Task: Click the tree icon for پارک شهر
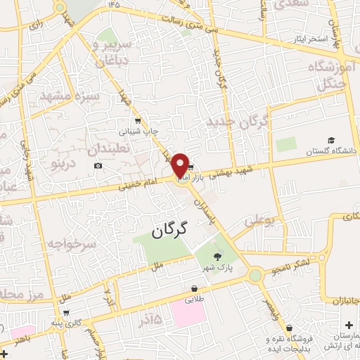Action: (x=217, y=257)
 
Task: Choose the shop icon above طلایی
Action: (x=193, y=288)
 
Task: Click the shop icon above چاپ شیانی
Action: (x=138, y=120)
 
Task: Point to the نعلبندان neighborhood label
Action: (x=112, y=148)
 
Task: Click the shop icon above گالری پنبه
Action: (x=65, y=312)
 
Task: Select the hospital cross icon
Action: (x=349, y=325)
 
